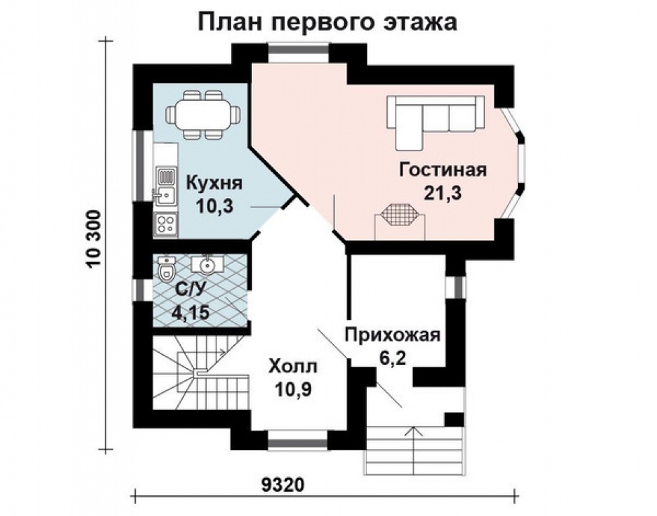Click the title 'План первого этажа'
click(x=328, y=21)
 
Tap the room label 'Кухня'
click(x=214, y=183)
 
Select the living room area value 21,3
click(x=441, y=193)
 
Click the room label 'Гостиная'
click(x=442, y=169)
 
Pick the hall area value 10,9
click(x=294, y=388)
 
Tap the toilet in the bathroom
click(x=165, y=269)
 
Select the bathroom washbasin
click(x=207, y=264)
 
